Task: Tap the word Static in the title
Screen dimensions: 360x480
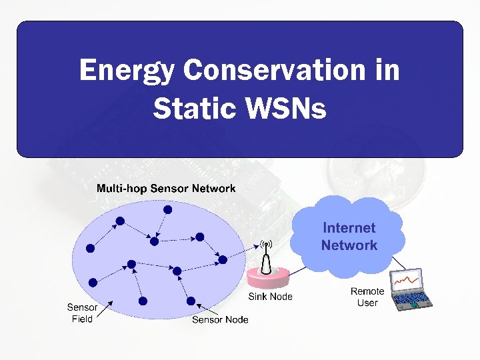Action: [190, 107]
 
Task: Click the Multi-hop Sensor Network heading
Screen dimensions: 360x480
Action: [166, 188]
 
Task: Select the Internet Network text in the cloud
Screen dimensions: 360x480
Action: [349, 237]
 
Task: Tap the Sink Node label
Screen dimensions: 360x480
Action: [270, 296]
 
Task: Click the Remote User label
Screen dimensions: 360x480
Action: [367, 297]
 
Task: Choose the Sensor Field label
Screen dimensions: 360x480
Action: [82, 313]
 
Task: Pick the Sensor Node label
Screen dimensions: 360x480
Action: [220, 319]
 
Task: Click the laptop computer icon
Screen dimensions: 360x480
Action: [411, 290]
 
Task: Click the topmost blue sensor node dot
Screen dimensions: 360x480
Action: [168, 209]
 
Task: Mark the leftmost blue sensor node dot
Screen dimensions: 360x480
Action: [91, 247]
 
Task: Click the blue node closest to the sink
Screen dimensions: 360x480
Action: [222, 259]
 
